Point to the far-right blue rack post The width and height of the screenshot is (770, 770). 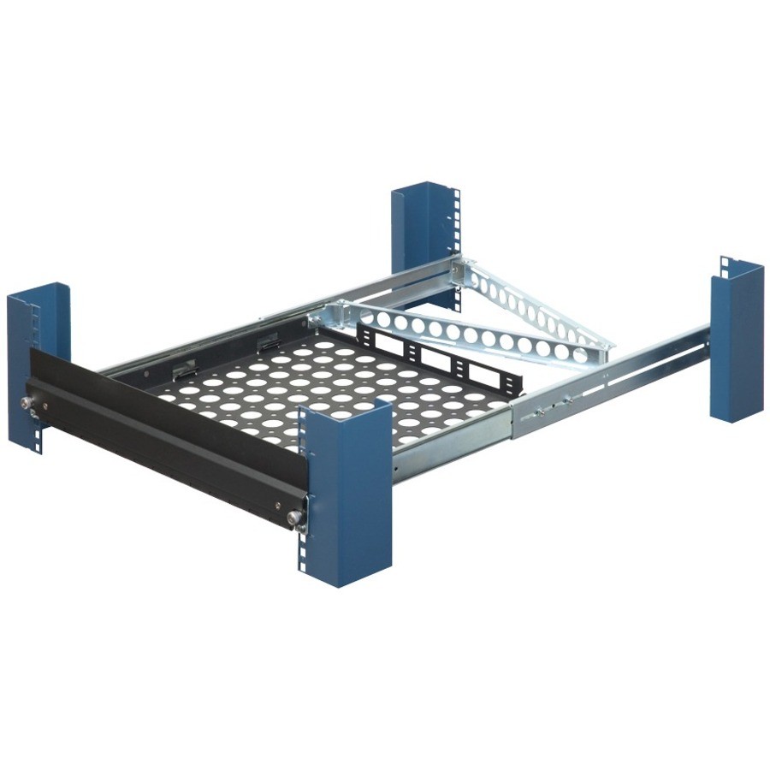pyautogui.click(x=737, y=342)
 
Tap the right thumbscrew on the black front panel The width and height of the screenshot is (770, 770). pyautogui.click(x=296, y=516)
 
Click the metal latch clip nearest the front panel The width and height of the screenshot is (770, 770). pyautogui.click(x=181, y=370)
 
